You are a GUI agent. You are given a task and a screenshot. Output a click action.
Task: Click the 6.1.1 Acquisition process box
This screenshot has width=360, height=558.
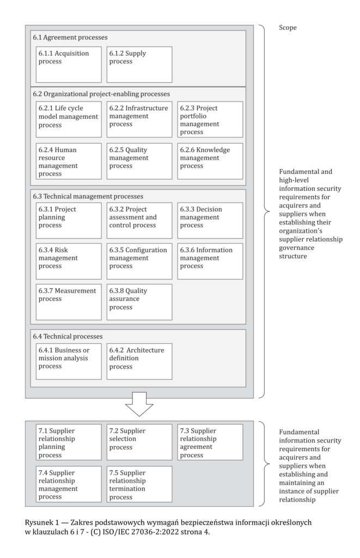pyautogui.click(x=69, y=64)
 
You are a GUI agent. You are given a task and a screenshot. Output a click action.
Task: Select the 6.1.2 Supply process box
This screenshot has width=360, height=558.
pyautogui.click(x=139, y=64)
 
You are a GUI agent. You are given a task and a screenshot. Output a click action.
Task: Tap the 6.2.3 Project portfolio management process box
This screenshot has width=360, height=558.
pyautogui.click(x=210, y=119)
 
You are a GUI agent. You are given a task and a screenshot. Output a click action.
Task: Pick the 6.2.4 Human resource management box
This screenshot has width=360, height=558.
pyautogui.click(x=69, y=161)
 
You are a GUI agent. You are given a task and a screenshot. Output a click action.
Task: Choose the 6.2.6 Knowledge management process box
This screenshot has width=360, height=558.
pyautogui.click(x=210, y=161)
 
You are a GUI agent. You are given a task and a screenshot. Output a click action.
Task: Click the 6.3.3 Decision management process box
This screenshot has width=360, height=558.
pyautogui.click(x=210, y=221)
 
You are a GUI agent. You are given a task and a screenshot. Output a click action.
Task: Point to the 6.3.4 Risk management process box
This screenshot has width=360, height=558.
pyautogui.click(x=69, y=261)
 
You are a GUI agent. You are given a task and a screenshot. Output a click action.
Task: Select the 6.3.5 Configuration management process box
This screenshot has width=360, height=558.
pyautogui.click(x=139, y=261)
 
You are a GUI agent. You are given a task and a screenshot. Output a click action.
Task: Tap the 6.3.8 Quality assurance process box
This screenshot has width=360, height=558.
pyautogui.click(x=139, y=302)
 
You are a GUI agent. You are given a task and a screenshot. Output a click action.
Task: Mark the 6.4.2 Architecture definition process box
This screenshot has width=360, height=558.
pyautogui.click(x=139, y=361)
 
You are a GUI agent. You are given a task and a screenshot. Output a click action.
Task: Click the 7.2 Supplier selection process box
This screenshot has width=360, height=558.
pyautogui.click(x=139, y=442)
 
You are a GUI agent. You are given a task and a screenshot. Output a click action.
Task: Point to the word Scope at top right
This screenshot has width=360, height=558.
pyautogui.click(x=288, y=28)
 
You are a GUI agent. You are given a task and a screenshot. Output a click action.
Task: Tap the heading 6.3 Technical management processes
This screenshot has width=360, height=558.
pyautogui.click(x=91, y=196)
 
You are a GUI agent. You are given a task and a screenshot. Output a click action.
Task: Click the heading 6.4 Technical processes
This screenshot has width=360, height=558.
pyautogui.click(x=68, y=336)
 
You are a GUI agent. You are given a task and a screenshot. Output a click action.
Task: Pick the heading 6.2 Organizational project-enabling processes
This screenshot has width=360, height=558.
pyautogui.click(x=101, y=94)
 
